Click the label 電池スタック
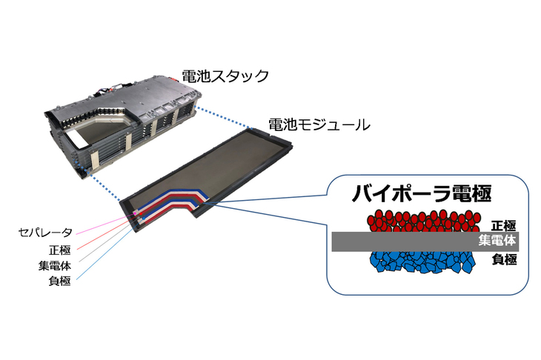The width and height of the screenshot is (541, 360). (x=225, y=76)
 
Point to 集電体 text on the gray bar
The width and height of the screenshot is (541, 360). (x=497, y=241)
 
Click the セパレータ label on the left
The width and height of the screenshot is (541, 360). (x=46, y=233)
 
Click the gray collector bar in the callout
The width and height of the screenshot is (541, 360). (x=400, y=241)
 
